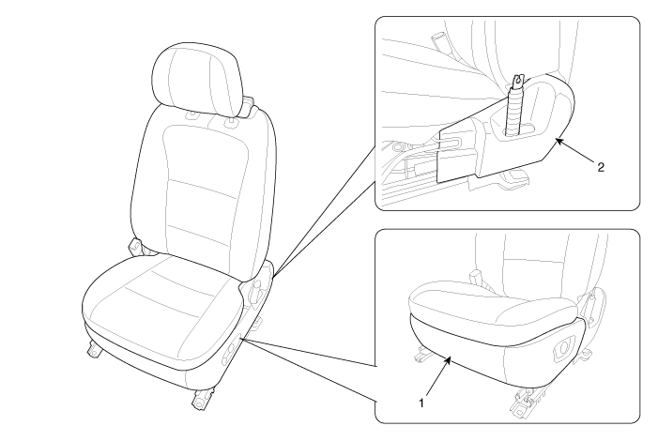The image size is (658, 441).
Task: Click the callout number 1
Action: (x=421, y=403)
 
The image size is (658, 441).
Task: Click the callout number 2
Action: (x=601, y=167)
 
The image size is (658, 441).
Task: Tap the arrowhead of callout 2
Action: (x=559, y=143)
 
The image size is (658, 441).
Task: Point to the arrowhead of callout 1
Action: (x=449, y=359)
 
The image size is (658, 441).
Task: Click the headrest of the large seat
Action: (x=198, y=80)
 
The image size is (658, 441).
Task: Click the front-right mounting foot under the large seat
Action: (x=203, y=397)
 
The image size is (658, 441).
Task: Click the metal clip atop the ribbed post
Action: (x=519, y=80)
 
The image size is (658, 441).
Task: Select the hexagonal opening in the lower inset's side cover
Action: (x=563, y=347)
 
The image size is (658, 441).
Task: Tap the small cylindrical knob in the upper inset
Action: (x=440, y=40)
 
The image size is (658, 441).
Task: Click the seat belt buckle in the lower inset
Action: (x=476, y=277)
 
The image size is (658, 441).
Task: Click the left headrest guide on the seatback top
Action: (x=191, y=114)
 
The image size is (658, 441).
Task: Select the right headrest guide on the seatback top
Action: (x=231, y=122)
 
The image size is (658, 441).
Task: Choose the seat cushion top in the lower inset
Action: (x=494, y=303)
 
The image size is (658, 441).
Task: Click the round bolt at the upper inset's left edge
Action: (x=396, y=147)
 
